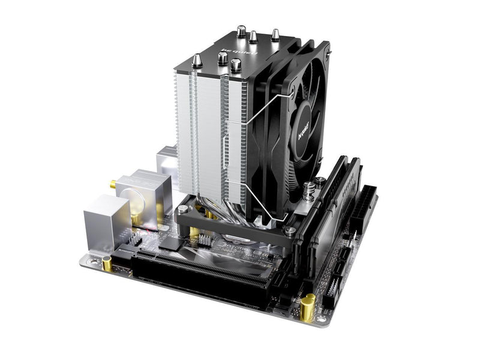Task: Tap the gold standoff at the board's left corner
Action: [107, 263]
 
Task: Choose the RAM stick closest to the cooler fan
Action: [321, 204]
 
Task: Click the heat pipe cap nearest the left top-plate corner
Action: [197, 61]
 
